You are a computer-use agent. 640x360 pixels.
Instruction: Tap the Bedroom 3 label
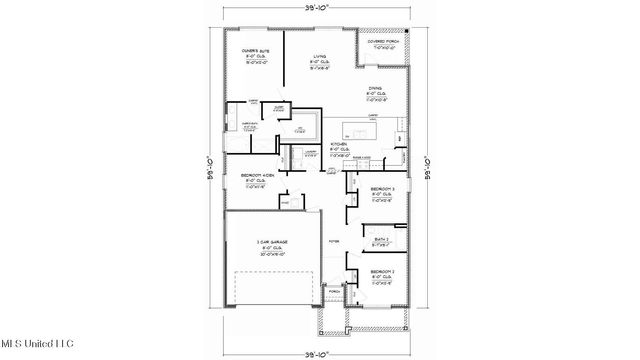coord(382,194)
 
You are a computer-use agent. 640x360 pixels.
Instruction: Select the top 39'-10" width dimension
coord(320,9)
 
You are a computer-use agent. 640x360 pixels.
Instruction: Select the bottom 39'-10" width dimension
coord(320,352)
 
